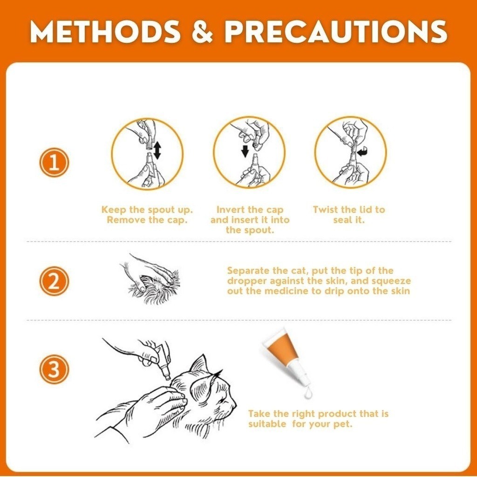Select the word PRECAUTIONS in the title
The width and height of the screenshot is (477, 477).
(x=336, y=32)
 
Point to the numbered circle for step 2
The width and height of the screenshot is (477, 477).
(x=54, y=281)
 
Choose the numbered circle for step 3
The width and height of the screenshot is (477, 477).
(x=54, y=369)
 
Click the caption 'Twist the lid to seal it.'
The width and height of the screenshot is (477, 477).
(x=349, y=214)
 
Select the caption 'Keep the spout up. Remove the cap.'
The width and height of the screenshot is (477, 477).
(x=147, y=214)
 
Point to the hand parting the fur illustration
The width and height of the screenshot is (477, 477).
(x=150, y=279)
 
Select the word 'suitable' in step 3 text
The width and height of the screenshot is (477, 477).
(x=267, y=424)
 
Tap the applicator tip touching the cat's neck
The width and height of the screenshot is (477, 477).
(x=167, y=378)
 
